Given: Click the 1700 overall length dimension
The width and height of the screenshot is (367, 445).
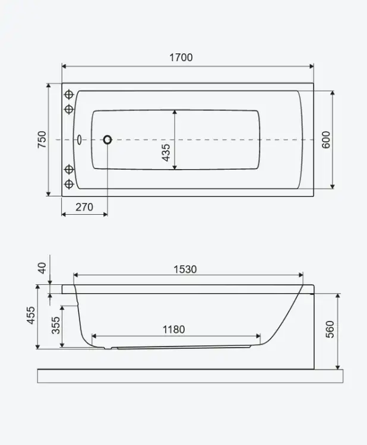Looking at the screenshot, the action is [181, 58].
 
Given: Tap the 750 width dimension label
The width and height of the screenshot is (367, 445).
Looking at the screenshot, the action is [42, 139].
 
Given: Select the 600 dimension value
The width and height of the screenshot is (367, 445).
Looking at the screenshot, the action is [326, 139].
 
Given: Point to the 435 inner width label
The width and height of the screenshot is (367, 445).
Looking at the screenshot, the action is [166, 152].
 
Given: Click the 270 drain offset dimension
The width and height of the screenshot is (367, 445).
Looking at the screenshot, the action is [84, 207].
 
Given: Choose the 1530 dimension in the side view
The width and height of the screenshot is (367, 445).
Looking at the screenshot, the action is [185, 269].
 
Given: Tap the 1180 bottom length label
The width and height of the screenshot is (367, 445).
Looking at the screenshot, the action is [173, 329].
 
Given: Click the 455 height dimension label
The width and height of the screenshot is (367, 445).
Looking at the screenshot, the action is [31, 315].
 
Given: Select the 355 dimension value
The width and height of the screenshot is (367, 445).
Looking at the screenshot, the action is [56, 325].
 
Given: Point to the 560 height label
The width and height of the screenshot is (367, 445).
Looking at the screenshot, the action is [330, 329].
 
